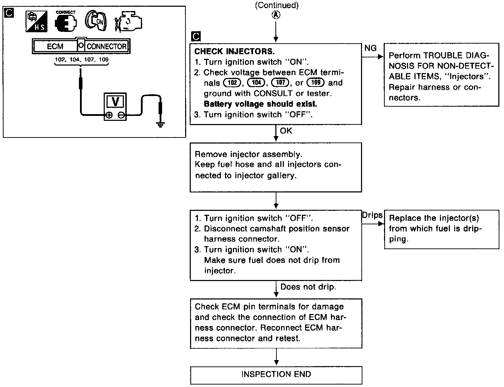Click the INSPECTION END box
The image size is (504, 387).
[x=276, y=374]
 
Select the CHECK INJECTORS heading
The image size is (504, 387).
[x=235, y=51]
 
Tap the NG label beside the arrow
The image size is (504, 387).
[x=370, y=48]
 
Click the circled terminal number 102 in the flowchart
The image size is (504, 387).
[x=232, y=83]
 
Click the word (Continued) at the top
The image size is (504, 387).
[x=276, y=5]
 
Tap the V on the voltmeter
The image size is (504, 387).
[x=115, y=101]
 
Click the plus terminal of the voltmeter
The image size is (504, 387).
[x=109, y=115]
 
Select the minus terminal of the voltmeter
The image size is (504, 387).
[x=121, y=115]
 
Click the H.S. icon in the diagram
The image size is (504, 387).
[x=36, y=22]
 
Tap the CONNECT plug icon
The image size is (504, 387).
[x=65, y=22]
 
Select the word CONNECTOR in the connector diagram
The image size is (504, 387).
[x=106, y=46]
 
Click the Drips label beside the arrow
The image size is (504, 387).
[x=372, y=215]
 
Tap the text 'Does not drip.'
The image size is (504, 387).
[x=308, y=287]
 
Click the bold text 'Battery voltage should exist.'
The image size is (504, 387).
[x=260, y=104]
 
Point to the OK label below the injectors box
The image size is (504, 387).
[x=286, y=131]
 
